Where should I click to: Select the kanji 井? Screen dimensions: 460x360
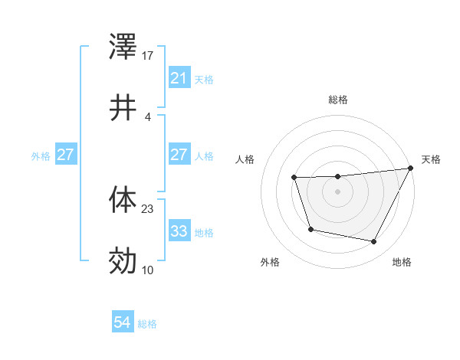[123, 109]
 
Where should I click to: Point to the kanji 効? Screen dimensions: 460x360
[123, 261]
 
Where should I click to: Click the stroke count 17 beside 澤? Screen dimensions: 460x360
[148, 56]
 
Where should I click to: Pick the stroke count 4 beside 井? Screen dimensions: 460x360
[148, 116]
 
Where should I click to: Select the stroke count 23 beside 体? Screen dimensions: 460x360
[148, 208]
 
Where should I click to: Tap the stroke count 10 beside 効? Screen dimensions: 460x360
[148, 269]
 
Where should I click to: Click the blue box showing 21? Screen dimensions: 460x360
[179, 78]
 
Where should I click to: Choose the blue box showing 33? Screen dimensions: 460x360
[179, 231]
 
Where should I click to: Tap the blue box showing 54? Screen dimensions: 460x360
[122, 323]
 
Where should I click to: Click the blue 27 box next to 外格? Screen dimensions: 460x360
[65, 155]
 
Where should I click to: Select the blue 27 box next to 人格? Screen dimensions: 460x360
[179, 155]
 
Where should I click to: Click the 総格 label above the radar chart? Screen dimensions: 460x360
[338, 100]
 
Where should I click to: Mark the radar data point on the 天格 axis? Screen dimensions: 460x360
[410, 169]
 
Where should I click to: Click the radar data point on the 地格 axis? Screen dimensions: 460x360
[374, 242]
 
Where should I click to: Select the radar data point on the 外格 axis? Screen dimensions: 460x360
[310, 229]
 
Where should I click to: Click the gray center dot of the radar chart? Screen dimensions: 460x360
[338, 191]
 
